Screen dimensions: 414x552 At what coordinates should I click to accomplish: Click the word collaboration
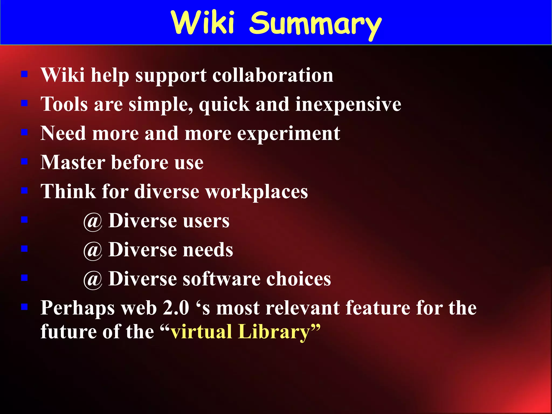pyautogui.click(x=273, y=75)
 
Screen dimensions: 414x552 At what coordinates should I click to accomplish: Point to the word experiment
pyautogui.click(x=288, y=134)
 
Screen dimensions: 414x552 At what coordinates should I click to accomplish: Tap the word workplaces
pyautogui.click(x=257, y=192)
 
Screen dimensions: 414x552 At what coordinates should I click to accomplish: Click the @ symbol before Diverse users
pyautogui.click(x=93, y=222)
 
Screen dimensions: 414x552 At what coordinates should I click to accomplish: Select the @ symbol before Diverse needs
pyautogui.click(x=93, y=251)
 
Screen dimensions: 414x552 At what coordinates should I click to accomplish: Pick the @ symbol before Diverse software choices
pyautogui.click(x=93, y=280)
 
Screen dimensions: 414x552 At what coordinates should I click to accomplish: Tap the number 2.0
pyautogui.click(x=176, y=308)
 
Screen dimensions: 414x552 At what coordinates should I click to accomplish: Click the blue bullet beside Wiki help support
pyautogui.click(x=25, y=74)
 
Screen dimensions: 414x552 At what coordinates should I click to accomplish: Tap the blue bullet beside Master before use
pyautogui.click(x=25, y=161)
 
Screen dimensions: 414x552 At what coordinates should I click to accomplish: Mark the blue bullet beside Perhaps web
pyautogui.click(x=25, y=307)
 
